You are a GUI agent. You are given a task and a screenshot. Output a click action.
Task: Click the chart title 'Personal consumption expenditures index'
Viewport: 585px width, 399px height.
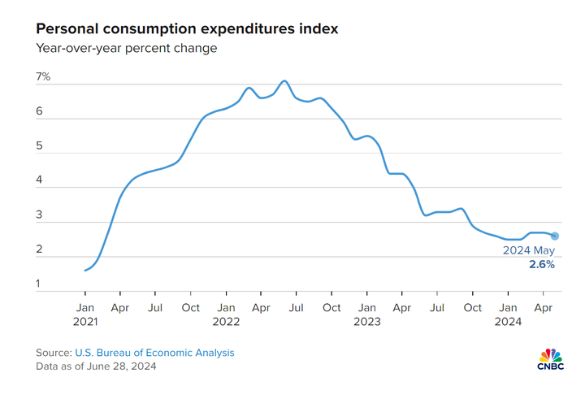[x=187, y=28]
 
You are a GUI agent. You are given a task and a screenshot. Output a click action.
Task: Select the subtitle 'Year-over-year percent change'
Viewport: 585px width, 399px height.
[x=126, y=49]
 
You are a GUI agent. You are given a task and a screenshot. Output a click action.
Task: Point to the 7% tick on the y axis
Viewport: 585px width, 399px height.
[x=43, y=77]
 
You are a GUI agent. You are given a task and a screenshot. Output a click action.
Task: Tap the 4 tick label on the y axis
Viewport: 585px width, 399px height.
[x=39, y=180]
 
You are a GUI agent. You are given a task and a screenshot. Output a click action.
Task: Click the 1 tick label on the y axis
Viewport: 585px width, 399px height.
[x=38, y=284]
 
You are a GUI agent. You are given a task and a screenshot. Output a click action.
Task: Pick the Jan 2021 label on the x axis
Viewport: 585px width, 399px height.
[x=84, y=308]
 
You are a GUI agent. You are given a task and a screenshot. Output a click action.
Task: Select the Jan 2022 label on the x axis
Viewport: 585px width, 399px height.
[x=226, y=308]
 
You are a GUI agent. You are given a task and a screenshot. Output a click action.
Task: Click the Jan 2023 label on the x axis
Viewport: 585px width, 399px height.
[x=367, y=308]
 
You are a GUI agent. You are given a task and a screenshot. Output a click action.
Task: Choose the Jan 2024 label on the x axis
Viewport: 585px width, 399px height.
[x=508, y=308]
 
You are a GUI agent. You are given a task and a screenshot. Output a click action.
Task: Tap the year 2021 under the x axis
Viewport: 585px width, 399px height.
[x=84, y=322]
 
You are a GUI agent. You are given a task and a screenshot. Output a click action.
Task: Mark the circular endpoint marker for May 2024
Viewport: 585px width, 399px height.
[x=555, y=236]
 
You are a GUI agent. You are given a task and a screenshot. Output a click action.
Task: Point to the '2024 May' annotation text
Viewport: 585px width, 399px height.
[x=529, y=250]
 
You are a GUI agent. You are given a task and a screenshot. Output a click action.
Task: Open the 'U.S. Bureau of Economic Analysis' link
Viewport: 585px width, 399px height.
[x=154, y=353]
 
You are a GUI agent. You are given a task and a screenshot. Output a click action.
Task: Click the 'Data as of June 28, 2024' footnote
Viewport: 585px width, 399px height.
[x=96, y=366]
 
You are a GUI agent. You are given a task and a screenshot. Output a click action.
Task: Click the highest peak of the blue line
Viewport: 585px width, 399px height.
[x=284, y=81]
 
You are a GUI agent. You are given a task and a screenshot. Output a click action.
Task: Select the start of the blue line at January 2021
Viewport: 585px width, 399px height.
[x=84, y=271]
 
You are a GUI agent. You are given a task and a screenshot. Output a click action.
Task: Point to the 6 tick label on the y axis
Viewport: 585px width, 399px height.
[x=39, y=112]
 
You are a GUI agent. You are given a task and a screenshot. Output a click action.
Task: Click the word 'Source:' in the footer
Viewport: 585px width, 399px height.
[x=54, y=353]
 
